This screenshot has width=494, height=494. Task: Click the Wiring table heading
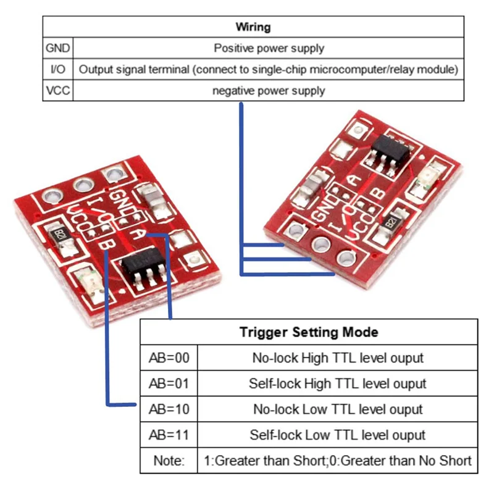click(253, 27)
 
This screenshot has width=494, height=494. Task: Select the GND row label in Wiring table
click(57, 48)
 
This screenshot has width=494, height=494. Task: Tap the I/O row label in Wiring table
click(57, 69)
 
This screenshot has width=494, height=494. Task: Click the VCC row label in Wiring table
click(57, 91)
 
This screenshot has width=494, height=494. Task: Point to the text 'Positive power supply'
click(269, 48)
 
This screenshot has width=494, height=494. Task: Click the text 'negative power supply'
click(269, 91)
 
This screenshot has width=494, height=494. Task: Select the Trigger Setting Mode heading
click(309, 332)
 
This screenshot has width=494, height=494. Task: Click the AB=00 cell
click(169, 358)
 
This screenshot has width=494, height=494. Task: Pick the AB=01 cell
click(169, 383)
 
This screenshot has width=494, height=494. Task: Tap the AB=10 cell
click(169, 409)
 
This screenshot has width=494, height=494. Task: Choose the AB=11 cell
click(169, 434)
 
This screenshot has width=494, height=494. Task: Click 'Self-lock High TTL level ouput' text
click(338, 383)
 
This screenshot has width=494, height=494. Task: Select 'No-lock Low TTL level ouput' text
click(338, 409)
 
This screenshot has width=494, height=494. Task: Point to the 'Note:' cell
click(169, 461)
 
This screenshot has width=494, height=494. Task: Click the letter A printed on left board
click(138, 233)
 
